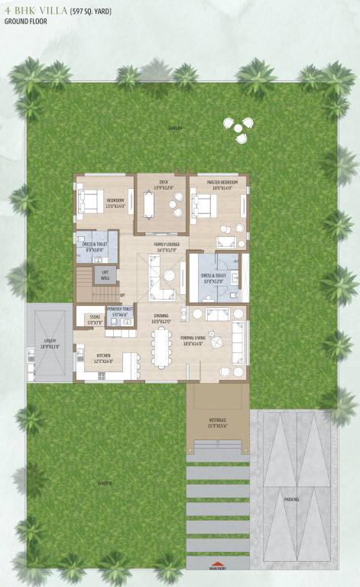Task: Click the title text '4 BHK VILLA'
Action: tap(35, 11)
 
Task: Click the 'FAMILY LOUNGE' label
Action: tap(166, 246)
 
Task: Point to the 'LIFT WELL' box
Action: tap(105, 276)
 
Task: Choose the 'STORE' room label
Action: tap(95, 319)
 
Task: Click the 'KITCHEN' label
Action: tap(103, 359)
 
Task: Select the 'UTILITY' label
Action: tap(50, 345)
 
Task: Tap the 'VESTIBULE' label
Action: tap(217, 422)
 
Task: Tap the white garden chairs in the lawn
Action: tap(236, 128)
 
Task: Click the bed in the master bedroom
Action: tap(204, 206)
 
